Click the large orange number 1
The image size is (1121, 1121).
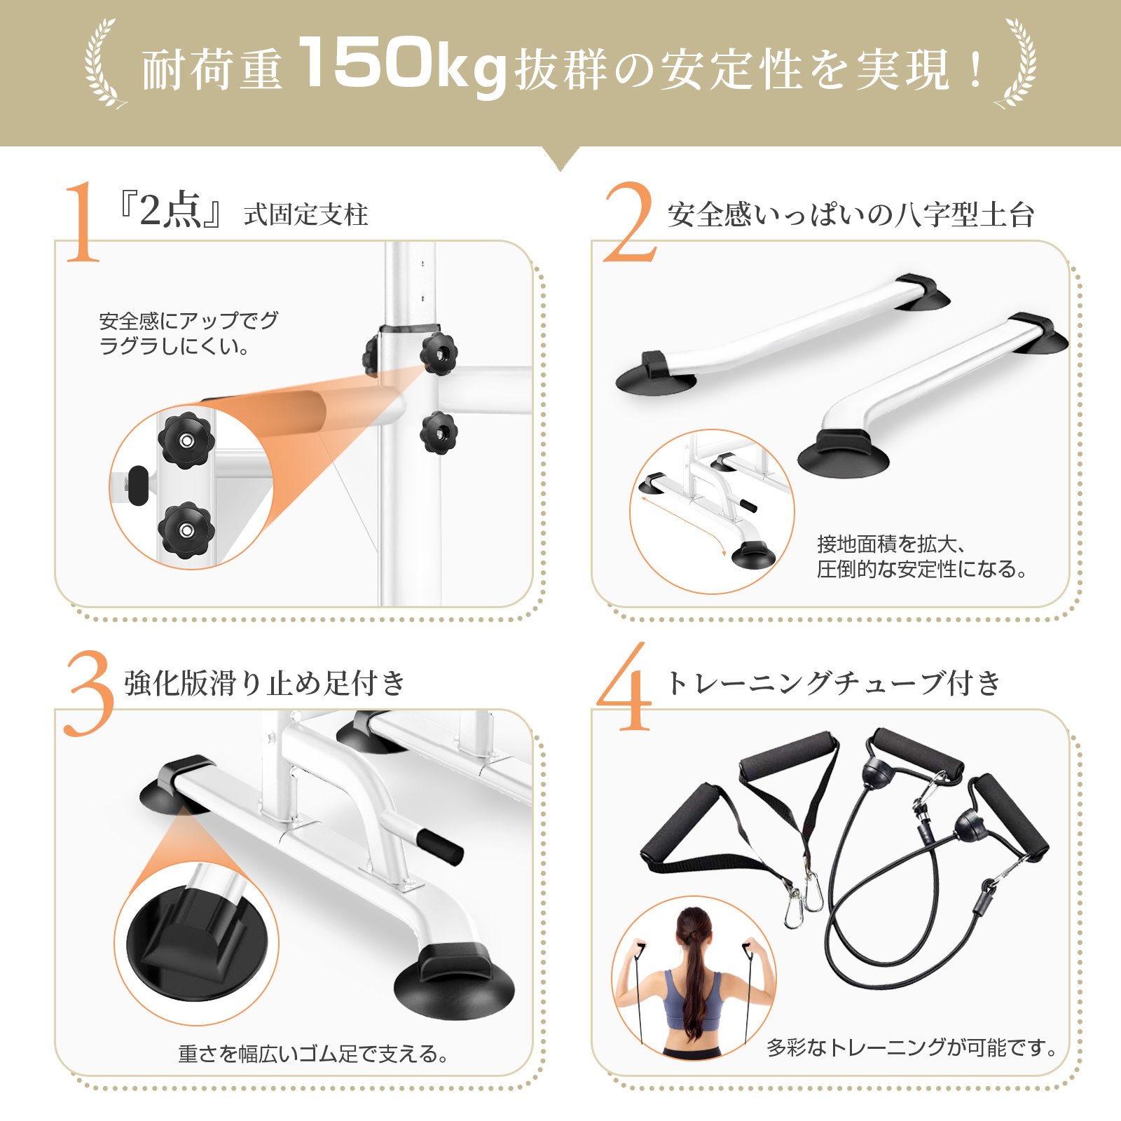click(x=83, y=223)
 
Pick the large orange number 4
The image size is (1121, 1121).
click(x=625, y=690)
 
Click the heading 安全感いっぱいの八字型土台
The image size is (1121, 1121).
click(x=851, y=215)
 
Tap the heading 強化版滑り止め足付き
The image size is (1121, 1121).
click(x=265, y=683)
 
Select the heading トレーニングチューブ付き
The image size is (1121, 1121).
click(x=834, y=683)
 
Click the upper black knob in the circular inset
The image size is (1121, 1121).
click(x=186, y=440)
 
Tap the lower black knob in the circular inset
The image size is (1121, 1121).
click(x=186, y=530)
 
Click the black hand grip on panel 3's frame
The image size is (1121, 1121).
click(x=441, y=846)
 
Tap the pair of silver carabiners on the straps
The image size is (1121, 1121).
click(x=804, y=904)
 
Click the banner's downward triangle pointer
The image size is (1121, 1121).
click(x=560, y=158)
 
